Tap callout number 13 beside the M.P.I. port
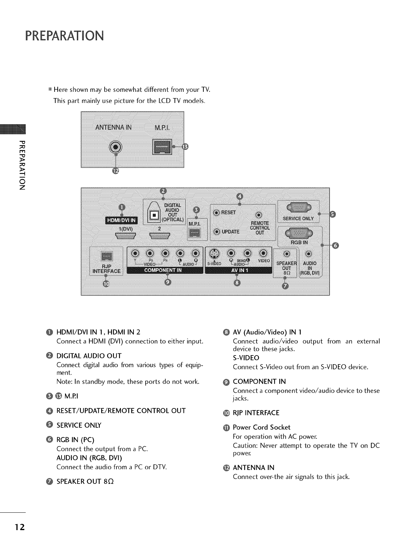point(185,147)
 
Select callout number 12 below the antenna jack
point(116,171)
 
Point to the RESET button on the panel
point(216,213)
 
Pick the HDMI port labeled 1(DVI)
point(124,236)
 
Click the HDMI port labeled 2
point(159,236)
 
